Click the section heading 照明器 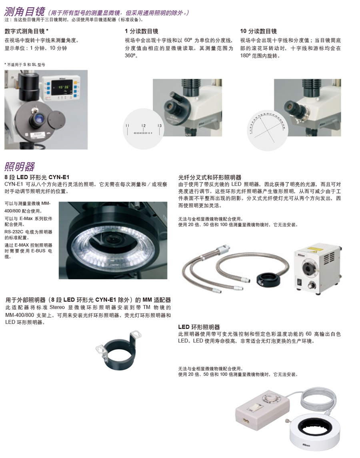[x=20, y=166]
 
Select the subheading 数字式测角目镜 [x=26, y=31]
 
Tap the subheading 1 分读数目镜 [x=141, y=31]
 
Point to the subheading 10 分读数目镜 [x=258, y=31]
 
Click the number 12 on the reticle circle [x=143, y=126]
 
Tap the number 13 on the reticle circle [x=159, y=126]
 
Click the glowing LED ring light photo [x=113, y=240]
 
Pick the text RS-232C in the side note [x=14, y=232]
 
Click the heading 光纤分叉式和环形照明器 [x=210, y=177]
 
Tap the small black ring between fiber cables [x=264, y=278]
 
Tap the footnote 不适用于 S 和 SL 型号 [x=24, y=64]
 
